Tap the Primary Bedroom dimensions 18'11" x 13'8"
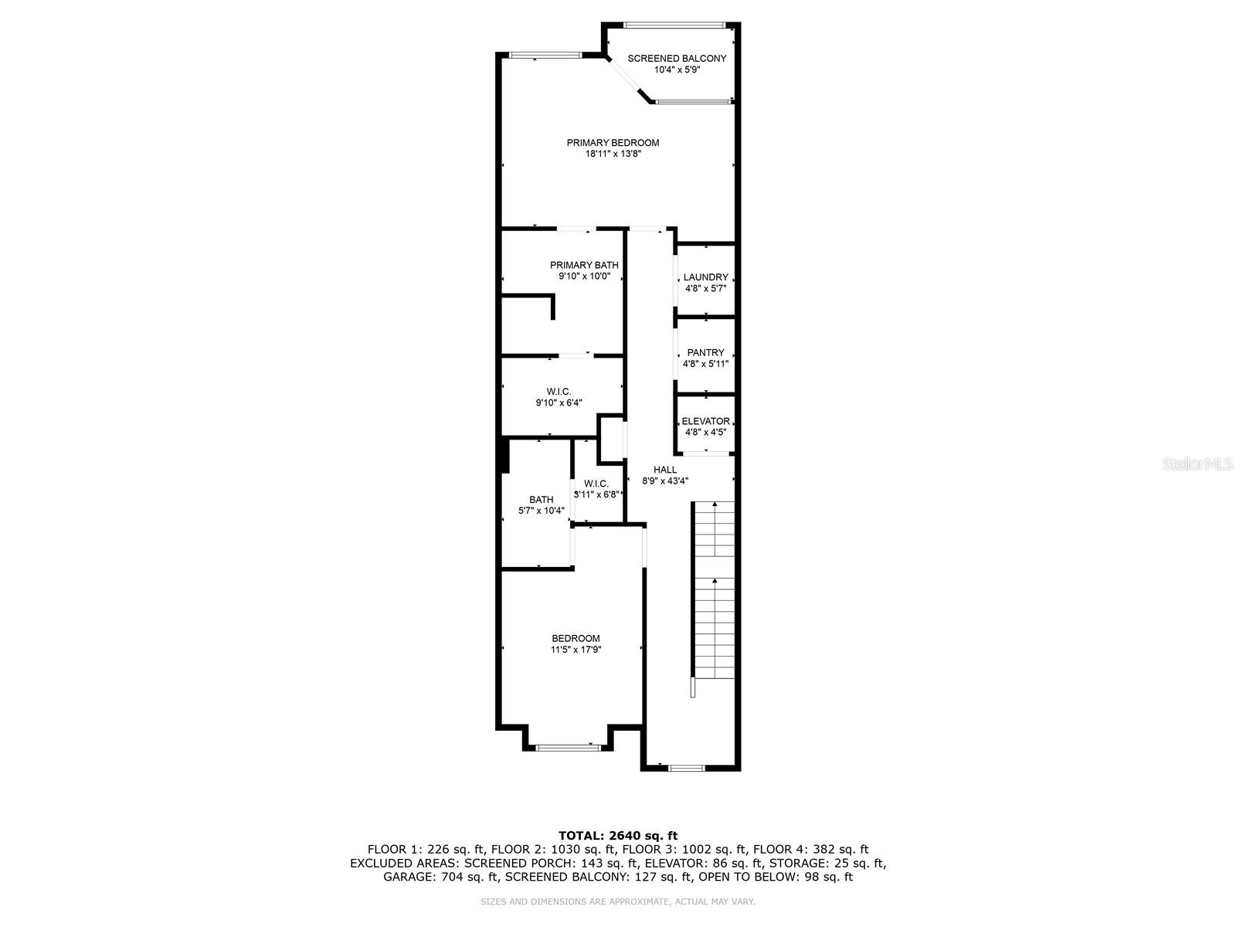pos(613,154)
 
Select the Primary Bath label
pos(584,265)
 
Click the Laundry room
pos(705,282)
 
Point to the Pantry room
pos(705,358)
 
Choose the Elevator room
pos(705,426)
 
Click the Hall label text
pos(664,470)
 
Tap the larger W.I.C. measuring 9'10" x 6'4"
pos(559,397)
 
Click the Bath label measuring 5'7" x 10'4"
pos(541,500)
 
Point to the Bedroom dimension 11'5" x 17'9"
pos(576,650)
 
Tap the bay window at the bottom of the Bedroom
pos(569,747)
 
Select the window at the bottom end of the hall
pos(686,768)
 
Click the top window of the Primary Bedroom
pos(545,55)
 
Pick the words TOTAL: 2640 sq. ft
pos(617,835)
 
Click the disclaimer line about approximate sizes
pos(617,902)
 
